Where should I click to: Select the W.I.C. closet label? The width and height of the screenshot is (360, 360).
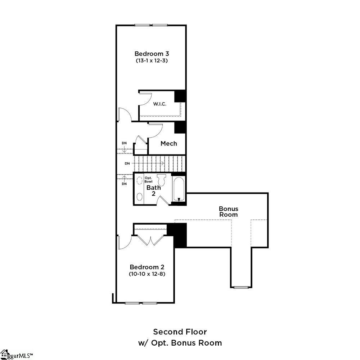pyautogui.click(x=159, y=104)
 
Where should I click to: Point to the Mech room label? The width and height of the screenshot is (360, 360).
pyautogui.click(x=168, y=144)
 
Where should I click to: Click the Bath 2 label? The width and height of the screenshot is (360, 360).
pyautogui.click(x=153, y=190)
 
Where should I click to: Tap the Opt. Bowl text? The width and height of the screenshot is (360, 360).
pyautogui.click(x=148, y=180)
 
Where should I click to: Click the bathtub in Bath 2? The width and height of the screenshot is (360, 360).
pyautogui.click(x=179, y=189)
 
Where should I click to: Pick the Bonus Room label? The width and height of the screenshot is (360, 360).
pyautogui.click(x=229, y=212)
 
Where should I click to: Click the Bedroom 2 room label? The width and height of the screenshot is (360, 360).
pyautogui.click(x=147, y=267)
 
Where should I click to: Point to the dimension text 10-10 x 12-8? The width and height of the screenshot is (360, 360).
pyautogui.click(x=147, y=274)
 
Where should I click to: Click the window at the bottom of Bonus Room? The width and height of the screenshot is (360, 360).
pyautogui.click(x=241, y=287)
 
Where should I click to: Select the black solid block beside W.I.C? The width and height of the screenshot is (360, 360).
pyautogui.click(x=180, y=96)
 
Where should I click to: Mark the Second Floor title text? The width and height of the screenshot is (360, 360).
pyautogui.click(x=180, y=332)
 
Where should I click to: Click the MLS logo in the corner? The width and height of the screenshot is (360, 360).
pyautogui.click(x=16, y=355)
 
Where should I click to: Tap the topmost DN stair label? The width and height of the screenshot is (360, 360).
pyautogui.click(x=124, y=143)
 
